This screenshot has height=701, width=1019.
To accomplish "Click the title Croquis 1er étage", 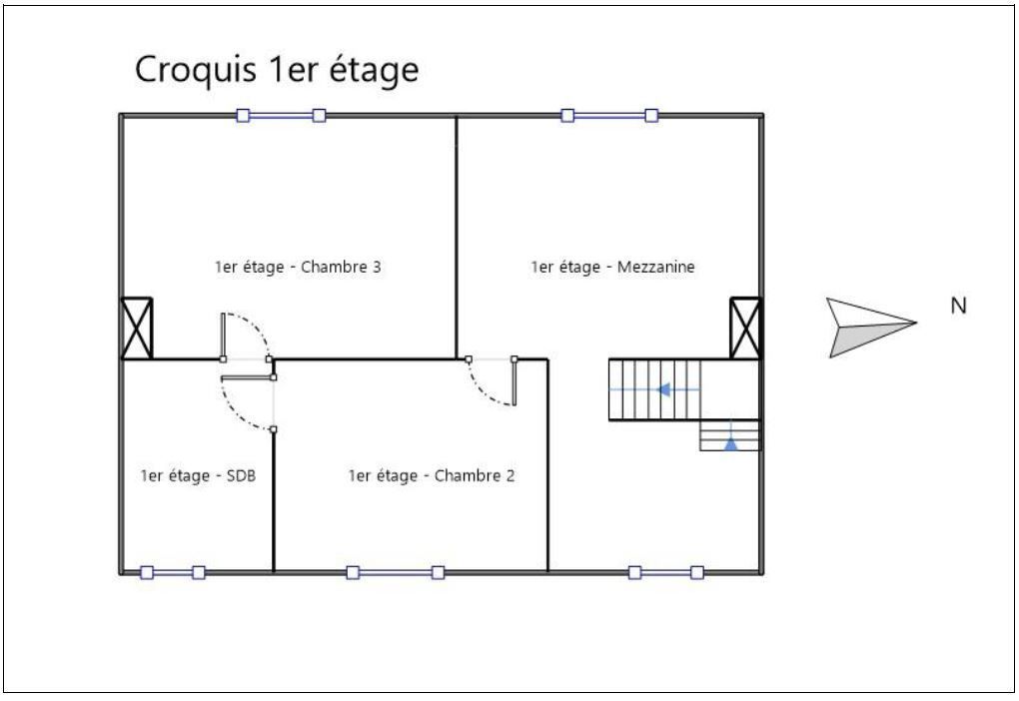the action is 276,70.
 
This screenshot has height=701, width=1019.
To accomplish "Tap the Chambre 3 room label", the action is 298,267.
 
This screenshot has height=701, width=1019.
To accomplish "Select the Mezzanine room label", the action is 612,267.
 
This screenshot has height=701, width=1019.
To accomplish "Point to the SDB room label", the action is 198,475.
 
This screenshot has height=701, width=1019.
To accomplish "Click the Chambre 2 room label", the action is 432,475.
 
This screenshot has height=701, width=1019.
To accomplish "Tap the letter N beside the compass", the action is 959,306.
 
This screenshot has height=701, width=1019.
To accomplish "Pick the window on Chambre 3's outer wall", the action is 281,116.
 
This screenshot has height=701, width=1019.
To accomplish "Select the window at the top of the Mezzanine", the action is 609,116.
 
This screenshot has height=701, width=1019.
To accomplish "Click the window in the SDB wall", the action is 173,572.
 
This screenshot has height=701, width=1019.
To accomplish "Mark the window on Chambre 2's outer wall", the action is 396,572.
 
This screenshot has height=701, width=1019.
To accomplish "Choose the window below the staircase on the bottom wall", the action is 665,572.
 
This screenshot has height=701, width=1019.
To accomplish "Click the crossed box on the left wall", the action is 137,329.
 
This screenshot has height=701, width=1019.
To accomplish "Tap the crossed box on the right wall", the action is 745,329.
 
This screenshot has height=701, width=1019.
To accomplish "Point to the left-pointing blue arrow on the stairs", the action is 663,389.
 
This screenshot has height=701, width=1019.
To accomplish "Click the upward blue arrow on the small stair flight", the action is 731,443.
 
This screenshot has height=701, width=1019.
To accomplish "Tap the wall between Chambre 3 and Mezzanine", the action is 457,237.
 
